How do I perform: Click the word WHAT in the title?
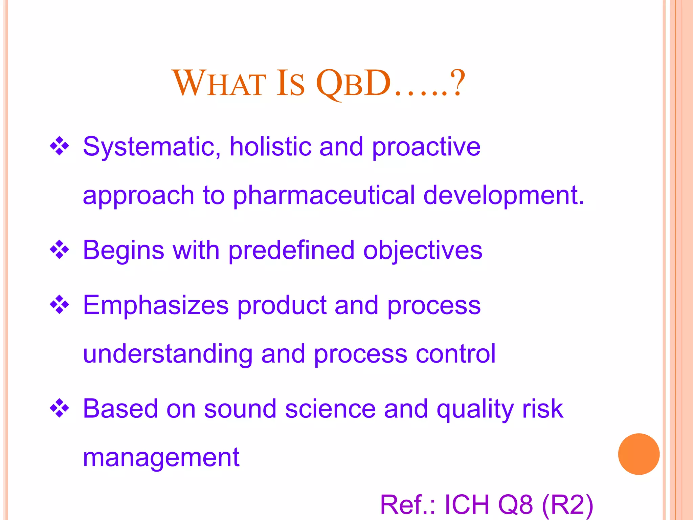click(x=219, y=83)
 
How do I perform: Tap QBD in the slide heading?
click(x=353, y=83)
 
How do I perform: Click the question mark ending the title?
click(x=459, y=83)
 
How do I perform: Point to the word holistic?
click(x=270, y=146)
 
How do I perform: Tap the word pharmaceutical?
click(x=324, y=196)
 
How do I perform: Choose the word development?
click(x=504, y=196)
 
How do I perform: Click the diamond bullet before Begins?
click(x=60, y=250)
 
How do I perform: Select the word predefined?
click(x=291, y=251)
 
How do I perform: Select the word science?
click(x=330, y=409)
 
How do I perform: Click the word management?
click(x=161, y=458)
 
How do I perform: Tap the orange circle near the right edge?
click(x=639, y=454)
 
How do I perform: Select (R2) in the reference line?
click(x=567, y=505)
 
